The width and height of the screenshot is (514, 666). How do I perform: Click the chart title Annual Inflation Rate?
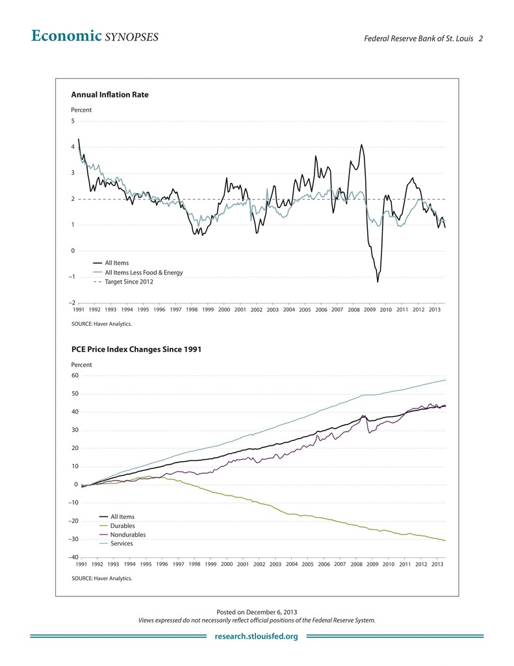tap(109, 95)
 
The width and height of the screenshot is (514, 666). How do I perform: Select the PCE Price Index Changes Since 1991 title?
tap(136, 349)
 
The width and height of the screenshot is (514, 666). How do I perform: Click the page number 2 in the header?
tap(481, 38)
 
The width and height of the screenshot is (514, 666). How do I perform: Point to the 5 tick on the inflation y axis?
tap(73, 121)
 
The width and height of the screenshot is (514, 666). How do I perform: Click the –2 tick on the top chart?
tap(71, 303)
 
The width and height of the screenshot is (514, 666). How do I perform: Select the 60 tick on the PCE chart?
tap(74, 375)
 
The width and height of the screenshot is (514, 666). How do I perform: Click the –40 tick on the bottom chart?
tap(73, 557)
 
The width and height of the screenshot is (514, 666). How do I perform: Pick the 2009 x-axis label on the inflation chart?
tap(370, 310)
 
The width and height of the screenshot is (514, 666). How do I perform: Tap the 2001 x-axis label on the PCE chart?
tap(242, 565)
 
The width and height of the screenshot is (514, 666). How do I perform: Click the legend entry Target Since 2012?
tap(129, 282)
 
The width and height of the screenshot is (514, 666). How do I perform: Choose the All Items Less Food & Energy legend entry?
tap(143, 273)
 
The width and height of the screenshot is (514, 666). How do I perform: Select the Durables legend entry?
tap(123, 526)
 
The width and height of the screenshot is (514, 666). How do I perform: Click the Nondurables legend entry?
tap(128, 535)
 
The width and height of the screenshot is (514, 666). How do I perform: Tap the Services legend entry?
tap(122, 544)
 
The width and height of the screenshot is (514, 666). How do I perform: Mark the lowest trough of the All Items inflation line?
tap(378, 282)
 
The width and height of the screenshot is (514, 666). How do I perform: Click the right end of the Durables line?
tap(445, 540)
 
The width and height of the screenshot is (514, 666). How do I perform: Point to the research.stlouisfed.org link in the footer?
tap(256, 636)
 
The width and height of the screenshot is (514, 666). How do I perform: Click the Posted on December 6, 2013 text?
tap(257, 612)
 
